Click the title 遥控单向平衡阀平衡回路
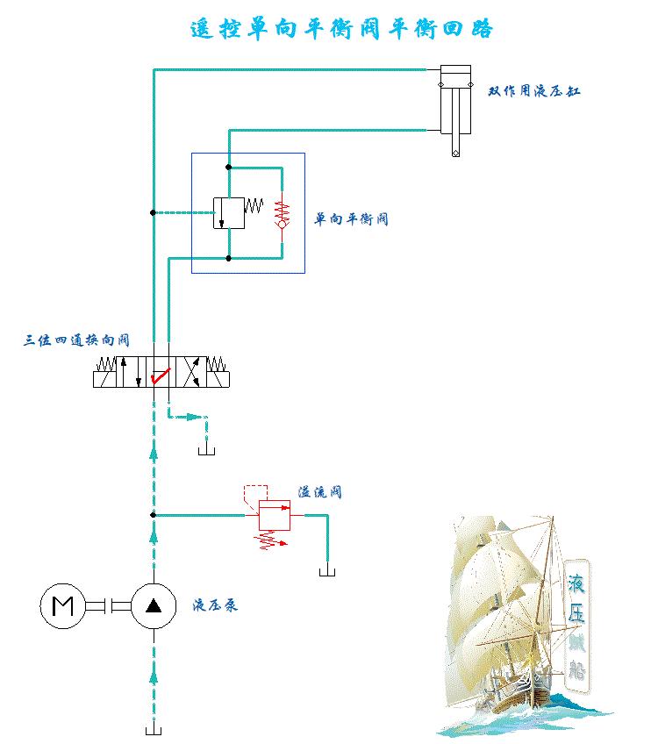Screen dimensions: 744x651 [x=342, y=29]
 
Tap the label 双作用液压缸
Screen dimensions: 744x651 [x=534, y=91]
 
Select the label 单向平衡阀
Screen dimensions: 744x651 [x=351, y=219]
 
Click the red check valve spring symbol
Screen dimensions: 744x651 [x=282, y=213]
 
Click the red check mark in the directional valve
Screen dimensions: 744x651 [x=160, y=377]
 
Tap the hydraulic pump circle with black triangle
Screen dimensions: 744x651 [x=154, y=605]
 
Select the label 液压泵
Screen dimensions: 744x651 [x=215, y=605]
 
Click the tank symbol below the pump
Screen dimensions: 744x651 [x=154, y=729]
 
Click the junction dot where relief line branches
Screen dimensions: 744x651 [x=154, y=515]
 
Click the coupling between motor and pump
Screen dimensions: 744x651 [x=108, y=605]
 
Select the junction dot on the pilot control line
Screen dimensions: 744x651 [x=154, y=212]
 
